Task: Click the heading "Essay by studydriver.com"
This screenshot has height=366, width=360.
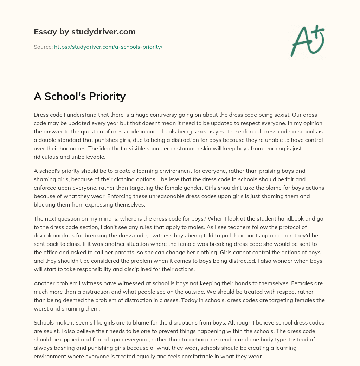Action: tap(84, 32)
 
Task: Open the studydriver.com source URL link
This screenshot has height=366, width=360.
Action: tap(108, 47)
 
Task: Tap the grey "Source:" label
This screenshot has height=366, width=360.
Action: tap(43, 47)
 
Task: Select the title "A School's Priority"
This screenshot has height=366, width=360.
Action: tap(79, 96)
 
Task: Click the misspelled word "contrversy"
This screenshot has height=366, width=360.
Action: tap(185, 115)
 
